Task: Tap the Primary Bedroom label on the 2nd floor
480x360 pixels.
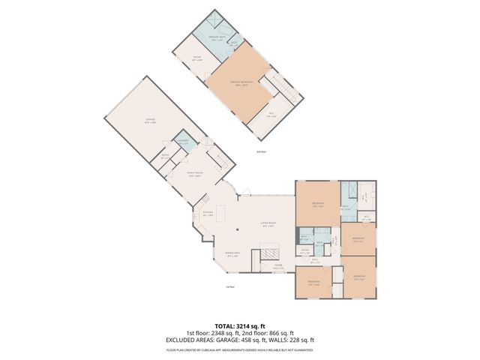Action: (240, 84)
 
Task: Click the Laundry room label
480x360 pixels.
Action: (183, 142)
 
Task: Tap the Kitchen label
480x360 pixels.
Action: (208, 214)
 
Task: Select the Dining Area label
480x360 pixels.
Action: (232, 255)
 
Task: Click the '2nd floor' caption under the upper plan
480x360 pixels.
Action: (262, 151)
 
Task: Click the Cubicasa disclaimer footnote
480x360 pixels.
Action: (240, 349)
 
